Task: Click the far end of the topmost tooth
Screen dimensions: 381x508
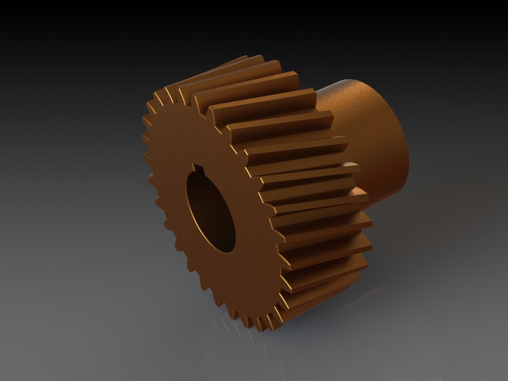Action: [262, 58]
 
